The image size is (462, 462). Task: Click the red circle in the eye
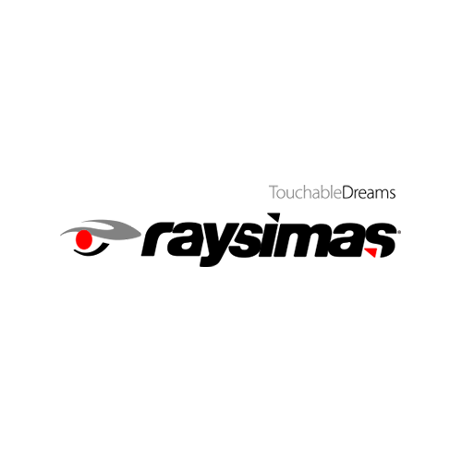coord(84,239)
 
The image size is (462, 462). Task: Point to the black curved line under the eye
coord(91,249)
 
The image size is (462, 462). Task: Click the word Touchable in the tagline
coord(305,192)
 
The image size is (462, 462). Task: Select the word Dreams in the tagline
coord(369,192)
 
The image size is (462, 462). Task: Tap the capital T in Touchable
coord(274,192)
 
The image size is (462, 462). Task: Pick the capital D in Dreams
coord(347,192)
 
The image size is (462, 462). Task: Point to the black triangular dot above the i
coord(274,217)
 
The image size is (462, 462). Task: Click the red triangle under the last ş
coord(371,252)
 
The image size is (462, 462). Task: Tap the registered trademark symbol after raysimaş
coord(399,233)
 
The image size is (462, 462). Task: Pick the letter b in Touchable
coord(325,192)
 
